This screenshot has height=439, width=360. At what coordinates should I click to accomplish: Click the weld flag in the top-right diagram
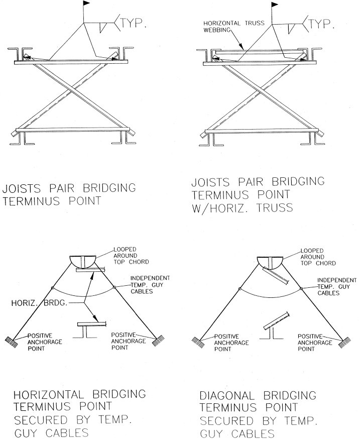(275, 5)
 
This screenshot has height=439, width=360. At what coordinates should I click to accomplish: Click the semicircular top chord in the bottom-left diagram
(82, 262)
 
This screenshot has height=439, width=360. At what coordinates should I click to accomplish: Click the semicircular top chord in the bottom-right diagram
(270, 262)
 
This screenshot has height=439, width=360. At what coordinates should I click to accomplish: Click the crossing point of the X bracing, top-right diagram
(259, 95)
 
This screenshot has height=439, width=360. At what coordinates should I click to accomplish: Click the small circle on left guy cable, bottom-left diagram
(52, 288)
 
